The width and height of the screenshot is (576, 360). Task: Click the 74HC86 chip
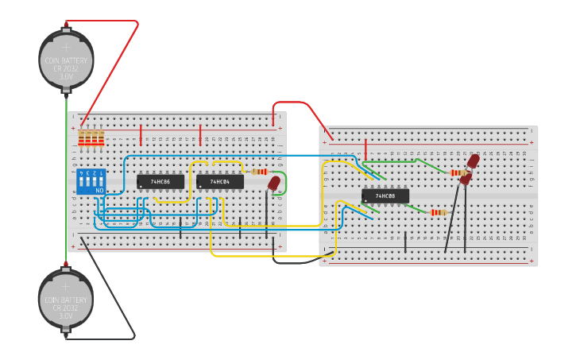(x=160, y=182)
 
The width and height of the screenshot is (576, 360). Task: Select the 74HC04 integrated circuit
(x=220, y=182)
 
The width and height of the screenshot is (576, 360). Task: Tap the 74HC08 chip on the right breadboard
(x=385, y=195)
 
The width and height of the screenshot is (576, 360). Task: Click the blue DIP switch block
(x=91, y=182)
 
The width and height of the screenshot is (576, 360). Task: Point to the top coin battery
(x=67, y=60)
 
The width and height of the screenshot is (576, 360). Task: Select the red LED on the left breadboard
(x=274, y=184)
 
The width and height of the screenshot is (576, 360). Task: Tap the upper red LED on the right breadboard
(x=473, y=162)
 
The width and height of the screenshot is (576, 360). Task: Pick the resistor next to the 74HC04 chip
(x=259, y=172)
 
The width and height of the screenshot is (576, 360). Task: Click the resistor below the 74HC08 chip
(x=439, y=212)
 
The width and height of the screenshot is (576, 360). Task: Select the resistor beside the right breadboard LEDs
(x=458, y=172)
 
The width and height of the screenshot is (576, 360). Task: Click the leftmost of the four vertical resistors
(x=82, y=138)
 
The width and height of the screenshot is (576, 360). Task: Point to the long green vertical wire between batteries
(x=67, y=183)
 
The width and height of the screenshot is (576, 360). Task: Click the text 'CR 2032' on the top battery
(x=67, y=68)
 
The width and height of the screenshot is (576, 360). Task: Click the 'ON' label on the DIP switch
(x=99, y=191)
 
